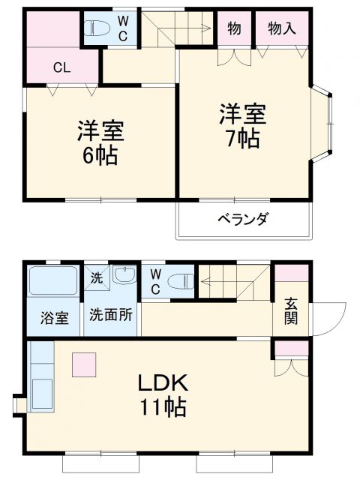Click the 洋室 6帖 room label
(100, 143)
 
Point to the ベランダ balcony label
(244, 219)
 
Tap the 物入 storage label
(282, 28)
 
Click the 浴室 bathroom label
(54, 317)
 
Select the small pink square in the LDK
(84, 364)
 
